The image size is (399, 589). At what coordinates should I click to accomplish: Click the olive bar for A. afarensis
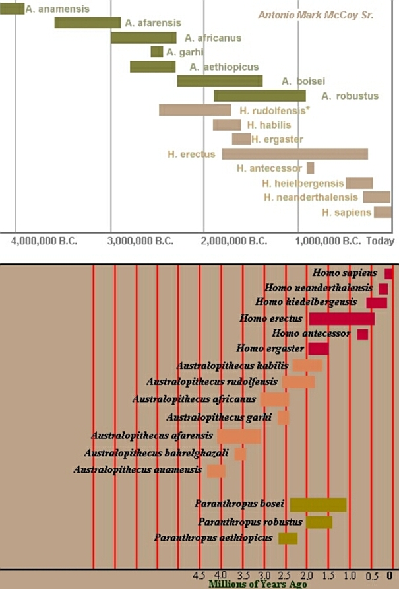87,22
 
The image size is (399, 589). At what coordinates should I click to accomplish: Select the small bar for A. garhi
156,52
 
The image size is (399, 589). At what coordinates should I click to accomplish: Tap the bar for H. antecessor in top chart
310,168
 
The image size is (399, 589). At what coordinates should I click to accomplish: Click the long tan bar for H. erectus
295,154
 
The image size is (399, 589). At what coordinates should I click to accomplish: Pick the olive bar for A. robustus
259,96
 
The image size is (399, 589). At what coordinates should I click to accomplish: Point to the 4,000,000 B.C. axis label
44,241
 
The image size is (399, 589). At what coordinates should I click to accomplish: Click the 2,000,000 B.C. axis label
234,241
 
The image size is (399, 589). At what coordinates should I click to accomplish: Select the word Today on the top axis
381,241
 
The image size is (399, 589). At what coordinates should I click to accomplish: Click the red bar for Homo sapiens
388,273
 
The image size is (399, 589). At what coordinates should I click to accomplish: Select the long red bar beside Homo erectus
342,318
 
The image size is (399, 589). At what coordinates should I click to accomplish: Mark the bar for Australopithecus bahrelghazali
240,454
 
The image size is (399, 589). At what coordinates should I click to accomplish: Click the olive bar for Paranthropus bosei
318,504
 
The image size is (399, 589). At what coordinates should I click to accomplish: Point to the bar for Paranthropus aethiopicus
288,538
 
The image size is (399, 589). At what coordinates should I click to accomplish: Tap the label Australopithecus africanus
194,399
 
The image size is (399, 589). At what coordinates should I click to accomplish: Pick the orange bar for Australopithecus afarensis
239,436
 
